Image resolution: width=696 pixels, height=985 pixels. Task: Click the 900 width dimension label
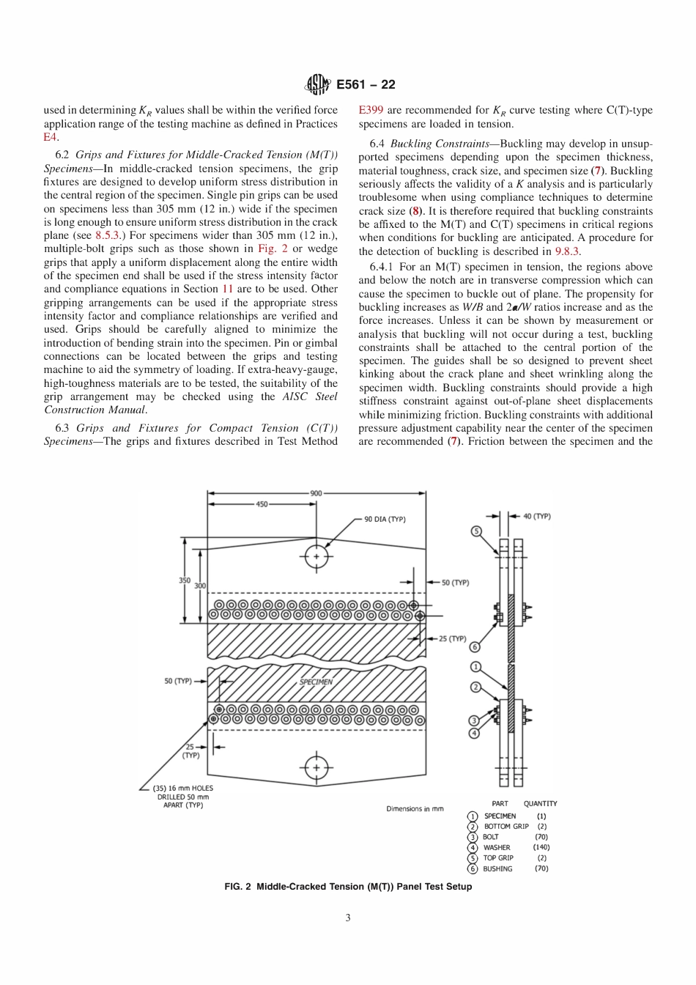click(x=316, y=493)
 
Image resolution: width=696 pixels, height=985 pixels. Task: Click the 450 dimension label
click(x=262, y=504)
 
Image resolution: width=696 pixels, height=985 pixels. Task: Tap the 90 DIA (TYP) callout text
click(x=385, y=520)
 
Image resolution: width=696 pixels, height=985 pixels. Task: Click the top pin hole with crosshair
click(x=316, y=557)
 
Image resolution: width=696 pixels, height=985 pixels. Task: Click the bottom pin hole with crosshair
click(x=316, y=768)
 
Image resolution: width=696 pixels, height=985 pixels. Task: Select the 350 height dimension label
click(x=185, y=580)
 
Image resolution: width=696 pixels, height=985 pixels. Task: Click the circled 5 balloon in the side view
click(x=477, y=531)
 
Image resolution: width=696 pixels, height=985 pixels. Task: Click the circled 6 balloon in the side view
click(x=475, y=646)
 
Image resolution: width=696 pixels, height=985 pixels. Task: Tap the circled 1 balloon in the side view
click(x=475, y=667)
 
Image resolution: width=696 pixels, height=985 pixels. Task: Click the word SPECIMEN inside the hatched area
click(x=316, y=682)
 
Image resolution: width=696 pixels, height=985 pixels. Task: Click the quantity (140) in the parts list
click(x=541, y=847)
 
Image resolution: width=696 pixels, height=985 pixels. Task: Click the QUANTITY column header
click(x=540, y=803)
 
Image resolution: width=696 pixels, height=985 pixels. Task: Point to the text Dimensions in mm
click(x=415, y=809)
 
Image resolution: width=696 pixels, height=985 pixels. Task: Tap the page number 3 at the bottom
click(x=348, y=918)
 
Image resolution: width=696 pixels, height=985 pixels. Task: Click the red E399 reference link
click(x=370, y=111)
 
